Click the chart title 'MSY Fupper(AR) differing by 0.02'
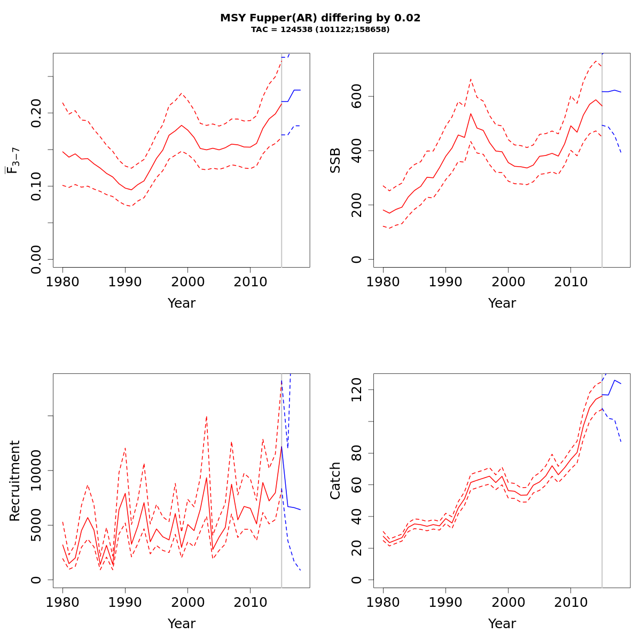pos(320,18)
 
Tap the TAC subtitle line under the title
pos(320,30)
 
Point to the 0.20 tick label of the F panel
pos(36,113)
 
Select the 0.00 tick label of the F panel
pos(36,259)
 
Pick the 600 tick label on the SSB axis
pos(357,96)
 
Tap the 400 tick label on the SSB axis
pos(357,151)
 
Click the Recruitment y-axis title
pos(15,481)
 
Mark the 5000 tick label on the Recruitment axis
pos(36,525)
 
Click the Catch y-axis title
pos(335,481)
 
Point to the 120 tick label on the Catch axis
pos(357,390)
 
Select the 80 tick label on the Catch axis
pos(357,453)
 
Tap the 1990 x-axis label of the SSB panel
pos(445,282)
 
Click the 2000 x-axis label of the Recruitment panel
pos(187,603)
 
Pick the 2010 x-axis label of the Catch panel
pos(570,603)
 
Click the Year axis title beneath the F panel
pos(182,303)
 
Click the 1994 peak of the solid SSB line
pos(471,113)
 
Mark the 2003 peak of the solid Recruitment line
pos(206,477)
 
